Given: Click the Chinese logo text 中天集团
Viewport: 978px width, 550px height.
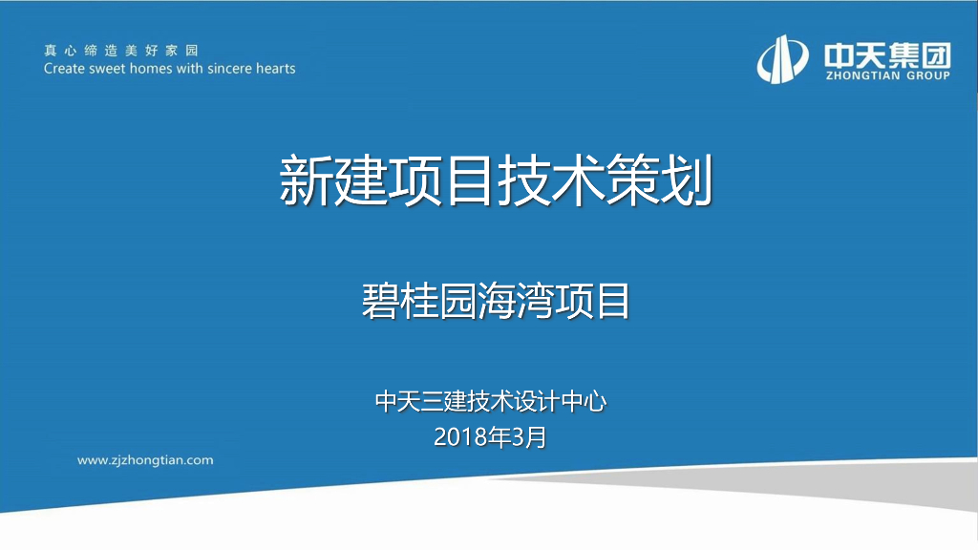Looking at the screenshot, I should pos(887,53).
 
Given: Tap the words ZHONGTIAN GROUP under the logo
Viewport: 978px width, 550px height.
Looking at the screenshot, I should pos(887,75).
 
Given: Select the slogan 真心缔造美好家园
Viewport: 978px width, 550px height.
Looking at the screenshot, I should pos(120,51).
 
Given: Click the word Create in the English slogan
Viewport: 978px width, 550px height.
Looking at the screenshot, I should pos(65,69).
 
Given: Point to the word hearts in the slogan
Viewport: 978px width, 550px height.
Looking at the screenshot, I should pos(275,69).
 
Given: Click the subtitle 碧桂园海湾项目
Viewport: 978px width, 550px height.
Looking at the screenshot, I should pos(496,301).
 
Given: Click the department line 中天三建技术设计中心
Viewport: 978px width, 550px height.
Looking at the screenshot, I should pos(491,402).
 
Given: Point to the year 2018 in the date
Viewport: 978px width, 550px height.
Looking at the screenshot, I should pos(457,438).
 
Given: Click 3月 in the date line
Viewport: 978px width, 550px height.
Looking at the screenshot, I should pos(530,438).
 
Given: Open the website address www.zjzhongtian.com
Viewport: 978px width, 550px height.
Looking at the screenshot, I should pos(145,460).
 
